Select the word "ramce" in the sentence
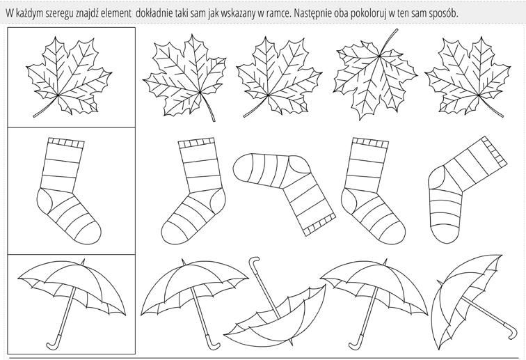(274, 14)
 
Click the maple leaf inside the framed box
(69, 77)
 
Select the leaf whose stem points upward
(376, 76)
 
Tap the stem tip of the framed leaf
(34, 116)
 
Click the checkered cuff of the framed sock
(66, 143)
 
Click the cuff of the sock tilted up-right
(495, 152)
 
